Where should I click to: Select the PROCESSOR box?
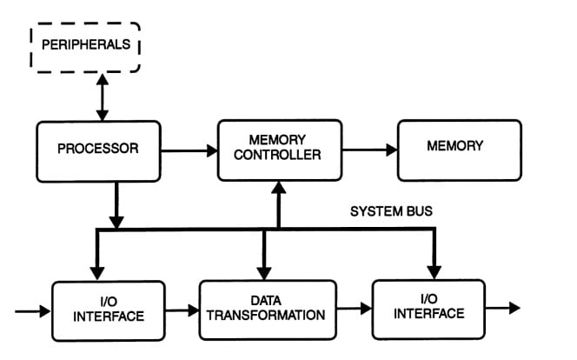(x=98, y=150)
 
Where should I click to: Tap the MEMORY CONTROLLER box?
(x=278, y=150)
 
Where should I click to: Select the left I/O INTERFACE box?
(x=108, y=309)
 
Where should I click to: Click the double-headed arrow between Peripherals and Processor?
(x=103, y=97)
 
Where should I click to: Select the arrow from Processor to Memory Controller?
(x=189, y=150)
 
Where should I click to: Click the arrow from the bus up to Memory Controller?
(x=278, y=204)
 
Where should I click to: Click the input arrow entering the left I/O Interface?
(x=33, y=310)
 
